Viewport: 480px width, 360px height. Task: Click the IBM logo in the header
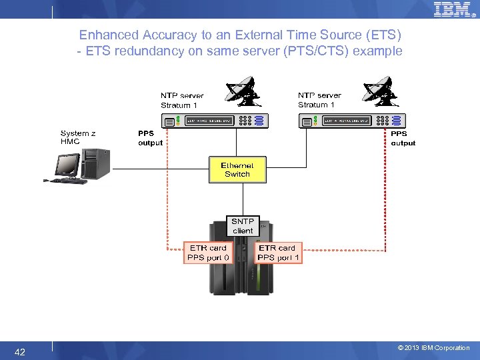(453, 9)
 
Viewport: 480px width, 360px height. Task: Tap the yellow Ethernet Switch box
(237, 169)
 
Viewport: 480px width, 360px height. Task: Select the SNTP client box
(243, 226)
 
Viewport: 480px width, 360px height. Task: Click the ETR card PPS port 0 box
(209, 253)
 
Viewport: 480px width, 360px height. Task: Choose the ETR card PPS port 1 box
(279, 253)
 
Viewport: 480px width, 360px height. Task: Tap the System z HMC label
(78, 137)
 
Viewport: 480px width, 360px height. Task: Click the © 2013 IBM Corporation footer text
(433, 348)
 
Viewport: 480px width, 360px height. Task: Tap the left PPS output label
(150, 138)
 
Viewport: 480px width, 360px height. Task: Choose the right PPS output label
(403, 138)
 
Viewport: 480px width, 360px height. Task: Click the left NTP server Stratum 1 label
(181, 101)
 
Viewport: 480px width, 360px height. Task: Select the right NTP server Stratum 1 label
(319, 100)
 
